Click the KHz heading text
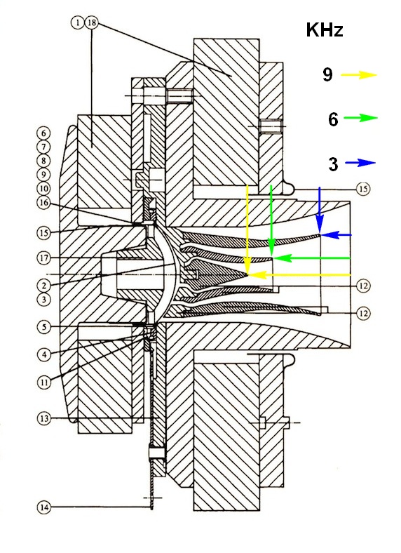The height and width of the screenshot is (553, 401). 325,29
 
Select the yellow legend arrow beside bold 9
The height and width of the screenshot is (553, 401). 359,75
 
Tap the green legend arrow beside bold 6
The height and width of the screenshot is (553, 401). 360,118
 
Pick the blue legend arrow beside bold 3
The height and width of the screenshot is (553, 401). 360,163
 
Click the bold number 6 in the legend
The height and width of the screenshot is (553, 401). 333,119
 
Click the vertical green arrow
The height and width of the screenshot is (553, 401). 271,220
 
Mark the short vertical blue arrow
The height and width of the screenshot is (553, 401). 319,209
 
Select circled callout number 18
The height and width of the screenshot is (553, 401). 91,23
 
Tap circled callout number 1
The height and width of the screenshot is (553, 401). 78,23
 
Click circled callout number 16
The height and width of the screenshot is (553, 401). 43,203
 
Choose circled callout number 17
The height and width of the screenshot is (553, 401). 43,258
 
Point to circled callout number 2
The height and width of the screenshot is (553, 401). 43,286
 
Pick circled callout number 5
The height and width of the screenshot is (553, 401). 43,326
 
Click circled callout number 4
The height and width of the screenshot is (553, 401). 43,354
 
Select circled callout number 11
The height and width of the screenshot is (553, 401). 43,382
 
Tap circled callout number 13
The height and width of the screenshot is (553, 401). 43,419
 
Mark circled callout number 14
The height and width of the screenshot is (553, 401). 43,507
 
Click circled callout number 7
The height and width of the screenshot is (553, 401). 43,147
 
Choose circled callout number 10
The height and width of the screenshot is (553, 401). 43,189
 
